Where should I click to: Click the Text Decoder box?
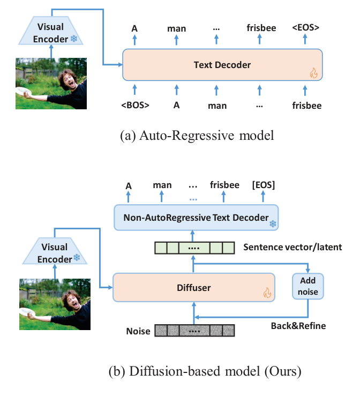(222, 65)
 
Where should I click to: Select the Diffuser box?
(193, 288)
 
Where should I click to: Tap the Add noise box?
(307, 286)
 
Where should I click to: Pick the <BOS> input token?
(135, 105)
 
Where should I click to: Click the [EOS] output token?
(264, 185)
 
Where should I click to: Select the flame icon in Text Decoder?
(313, 74)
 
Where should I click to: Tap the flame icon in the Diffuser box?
(266, 293)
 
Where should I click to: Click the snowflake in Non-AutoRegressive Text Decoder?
(272, 223)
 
